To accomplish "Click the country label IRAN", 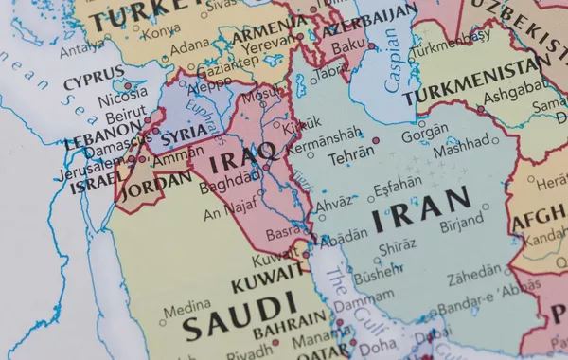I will (420, 211).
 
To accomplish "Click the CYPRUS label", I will (94, 77).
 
